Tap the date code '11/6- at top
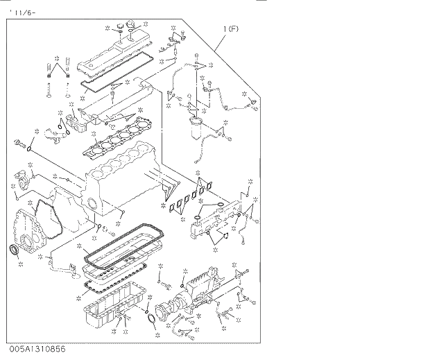coord(20,10)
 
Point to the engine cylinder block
coord(125,177)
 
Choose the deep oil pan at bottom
coord(114,305)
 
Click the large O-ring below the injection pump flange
coord(152,319)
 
